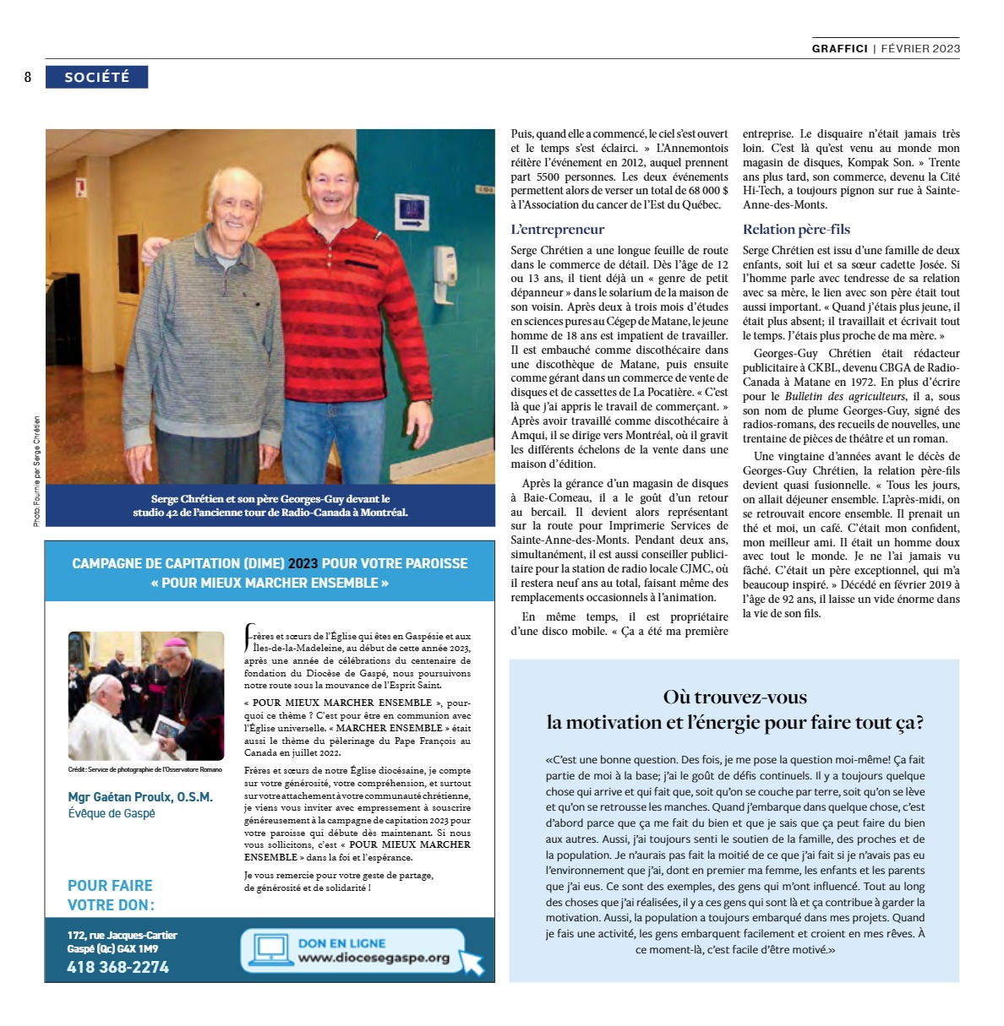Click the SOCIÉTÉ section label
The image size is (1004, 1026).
pos(96,77)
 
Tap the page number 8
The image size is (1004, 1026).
pos(28,78)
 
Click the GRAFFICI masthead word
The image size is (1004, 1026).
pos(839,48)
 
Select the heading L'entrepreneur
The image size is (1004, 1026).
pos(557,229)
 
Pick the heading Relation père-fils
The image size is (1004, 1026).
pos(796,229)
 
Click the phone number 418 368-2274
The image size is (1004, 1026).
pos(118,967)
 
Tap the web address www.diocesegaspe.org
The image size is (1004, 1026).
pos(374,958)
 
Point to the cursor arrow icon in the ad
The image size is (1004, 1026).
pos(472,961)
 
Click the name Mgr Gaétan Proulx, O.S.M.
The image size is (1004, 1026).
pos(140,796)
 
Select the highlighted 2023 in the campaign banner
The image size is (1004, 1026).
pos(303,563)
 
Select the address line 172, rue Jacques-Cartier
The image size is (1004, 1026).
pos(123,935)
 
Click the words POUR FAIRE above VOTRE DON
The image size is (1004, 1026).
pos(110,885)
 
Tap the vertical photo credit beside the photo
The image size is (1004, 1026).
pos(36,470)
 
